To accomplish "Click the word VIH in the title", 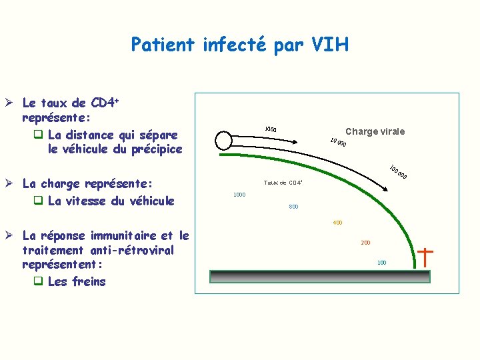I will click(x=327, y=45).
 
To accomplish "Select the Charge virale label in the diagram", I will click(x=375, y=131).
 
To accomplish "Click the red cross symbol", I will click(x=425, y=257).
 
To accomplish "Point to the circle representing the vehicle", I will click(x=223, y=140).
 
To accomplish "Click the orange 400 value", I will click(x=337, y=223).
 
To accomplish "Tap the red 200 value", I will click(x=365, y=243).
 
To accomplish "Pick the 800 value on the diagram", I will click(x=293, y=207).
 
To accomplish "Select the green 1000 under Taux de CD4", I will click(x=239, y=195).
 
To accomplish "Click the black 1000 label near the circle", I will click(x=270, y=129).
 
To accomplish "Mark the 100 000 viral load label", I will click(x=398, y=172).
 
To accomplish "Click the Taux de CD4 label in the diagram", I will click(x=283, y=182).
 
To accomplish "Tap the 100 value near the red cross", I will click(x=381, y=263).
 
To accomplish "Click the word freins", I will click(x=90, y=281).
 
